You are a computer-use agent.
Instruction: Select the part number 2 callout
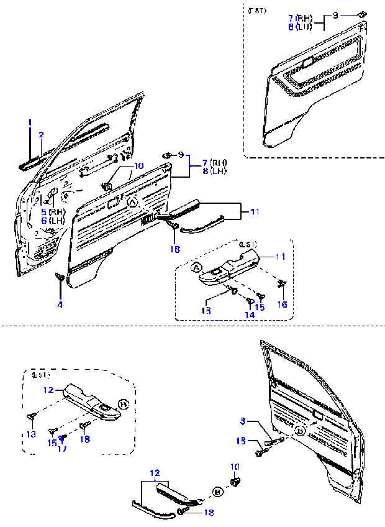click(x=42, y=134)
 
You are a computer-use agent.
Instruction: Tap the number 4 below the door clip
click(x=60, y=305)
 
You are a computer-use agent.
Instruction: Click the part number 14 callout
click(x=249, y=315)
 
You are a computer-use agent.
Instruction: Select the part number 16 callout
click(x=283, y=304)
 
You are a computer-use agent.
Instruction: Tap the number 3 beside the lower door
click(x=243, y=421)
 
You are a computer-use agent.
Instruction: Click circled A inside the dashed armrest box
click(x=196, y=268)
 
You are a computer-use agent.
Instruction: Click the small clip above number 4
click(x=60, y=278)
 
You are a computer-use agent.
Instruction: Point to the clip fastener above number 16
click(x=281, y=283)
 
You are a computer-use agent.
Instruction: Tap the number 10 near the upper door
click(x=137, y=166)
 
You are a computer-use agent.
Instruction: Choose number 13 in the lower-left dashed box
click(x=31, y=433)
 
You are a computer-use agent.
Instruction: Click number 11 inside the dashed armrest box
click(x=281, y=256)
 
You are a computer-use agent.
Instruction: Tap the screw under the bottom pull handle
click(x=182, y=511)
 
